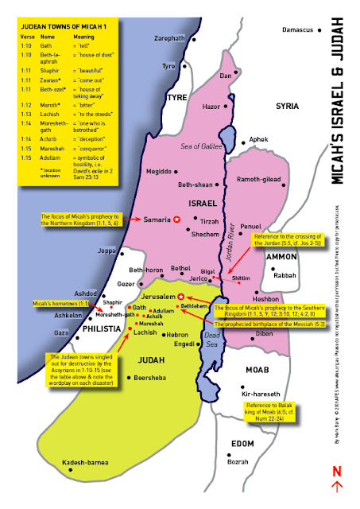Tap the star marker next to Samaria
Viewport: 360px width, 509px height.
point(177,219)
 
